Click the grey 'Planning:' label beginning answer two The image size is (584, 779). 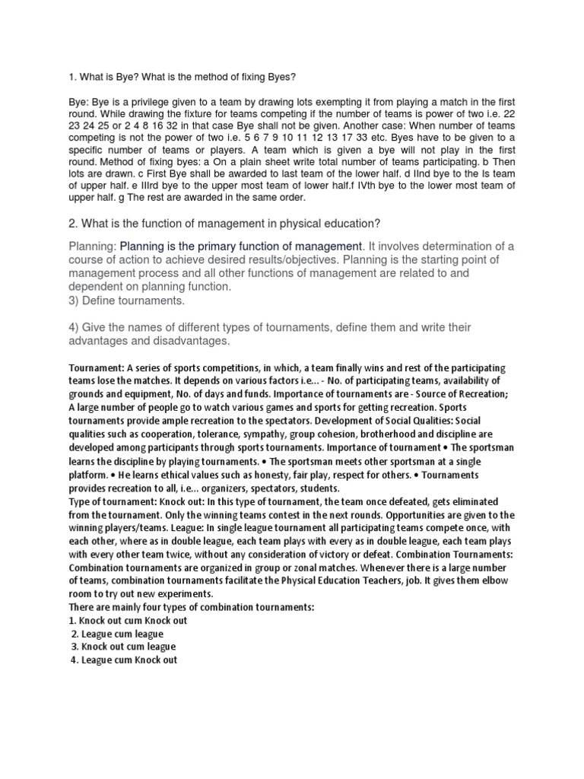click(x=93, y=246)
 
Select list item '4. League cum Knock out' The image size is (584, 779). click(x=123, y=660)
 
